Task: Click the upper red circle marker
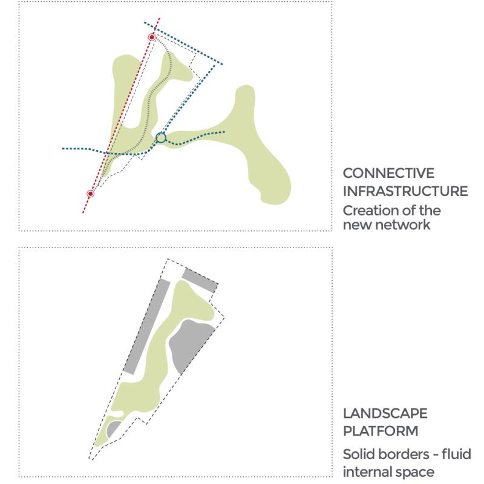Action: tap(152, 38)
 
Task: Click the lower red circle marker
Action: tap(90, 194)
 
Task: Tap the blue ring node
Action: tap(161, 138)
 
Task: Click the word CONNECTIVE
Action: tap(388, 173)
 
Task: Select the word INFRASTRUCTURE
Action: tap(405, 191)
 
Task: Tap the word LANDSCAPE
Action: tap(385, 413)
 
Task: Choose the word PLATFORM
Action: tap(381, 431)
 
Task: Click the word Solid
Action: tap(358, 454)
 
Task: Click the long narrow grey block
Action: tap(147, 327)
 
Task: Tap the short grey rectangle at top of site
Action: tap(200, 281)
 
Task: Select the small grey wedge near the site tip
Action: tap(113, 428)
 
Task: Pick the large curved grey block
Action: tap(189, 345)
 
